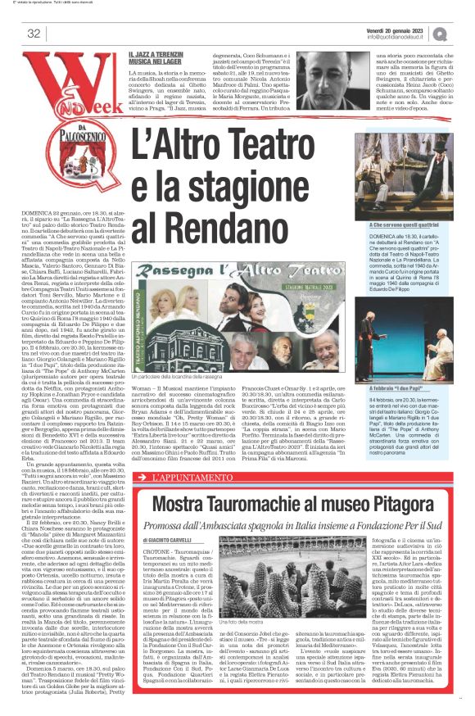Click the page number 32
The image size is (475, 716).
click(34, 34)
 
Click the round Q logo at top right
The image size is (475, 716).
click(441, 33)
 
